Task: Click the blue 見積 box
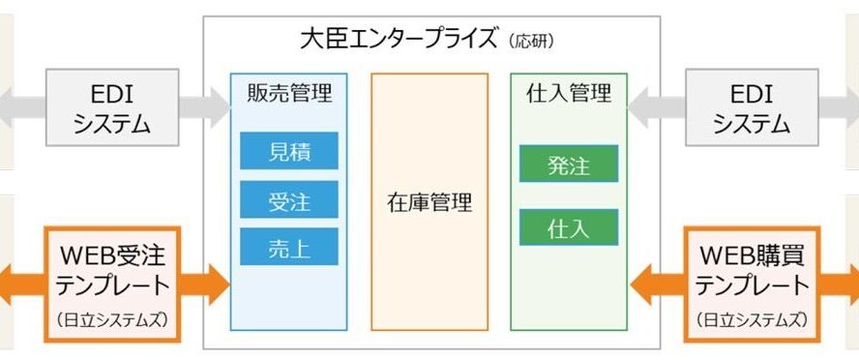coord(288,151)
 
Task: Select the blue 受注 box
coord(288,199)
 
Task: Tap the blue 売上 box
coord(288,247)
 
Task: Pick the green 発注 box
coord(569,164)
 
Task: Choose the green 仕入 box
coord(569,226)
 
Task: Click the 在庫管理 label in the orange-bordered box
coord(429,203)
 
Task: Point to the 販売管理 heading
coord(289,93)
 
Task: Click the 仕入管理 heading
coord(569,93)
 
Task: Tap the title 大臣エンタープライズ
coord(400,41)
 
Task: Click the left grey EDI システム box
coord(112,107)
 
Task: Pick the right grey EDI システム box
coord(752,107)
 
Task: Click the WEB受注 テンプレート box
coord(112,285)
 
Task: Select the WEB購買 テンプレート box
coord(752,285)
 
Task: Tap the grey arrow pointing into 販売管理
coord(204,107)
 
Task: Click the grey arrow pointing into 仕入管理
coord(656,107)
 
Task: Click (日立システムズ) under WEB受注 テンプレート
coord(112,320)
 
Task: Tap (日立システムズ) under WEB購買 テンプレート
coord(752,320)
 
